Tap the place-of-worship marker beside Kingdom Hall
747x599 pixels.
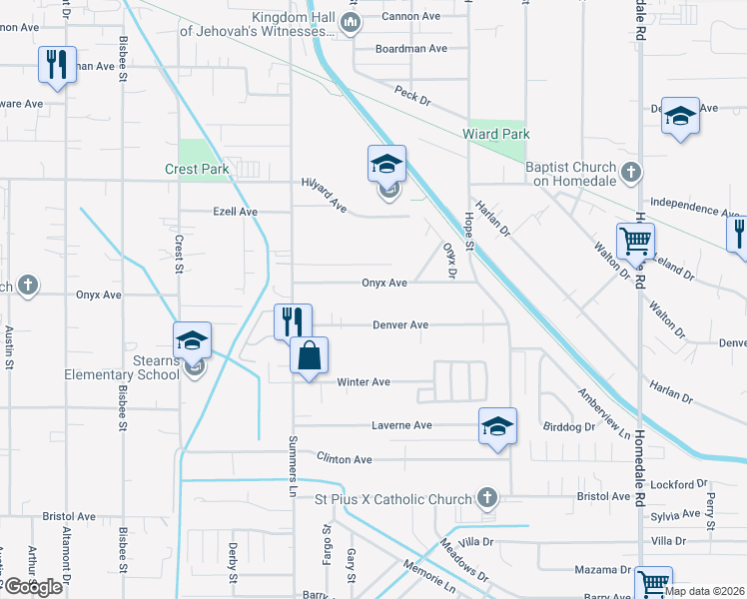pyautogui.click(x=350, y=24)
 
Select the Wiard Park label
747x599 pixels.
pyautogui.click(x=495, y=134)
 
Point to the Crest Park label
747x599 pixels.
pyautogui.click(x=197, y=170)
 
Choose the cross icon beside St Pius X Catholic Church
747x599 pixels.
pyautogui.click(x=486, y=497)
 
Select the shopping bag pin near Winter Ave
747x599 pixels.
pyautogui.click(x=310, y=355)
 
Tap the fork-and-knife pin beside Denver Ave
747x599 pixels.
pyautogui.click(x=293, y=321)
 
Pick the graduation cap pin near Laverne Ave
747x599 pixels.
pyautogui.click(x=497, y=427)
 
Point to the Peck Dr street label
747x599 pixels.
pyautogui.click(x=411, y=100)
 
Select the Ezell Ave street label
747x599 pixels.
pyautogui.click(x=235, y=213)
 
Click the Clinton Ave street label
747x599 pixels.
pyautogui.click(x=344, y=459)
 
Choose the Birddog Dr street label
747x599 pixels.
pyautogui.click(x=568, y=426)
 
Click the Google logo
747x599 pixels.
pyautogui.click(x=33, y=587)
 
